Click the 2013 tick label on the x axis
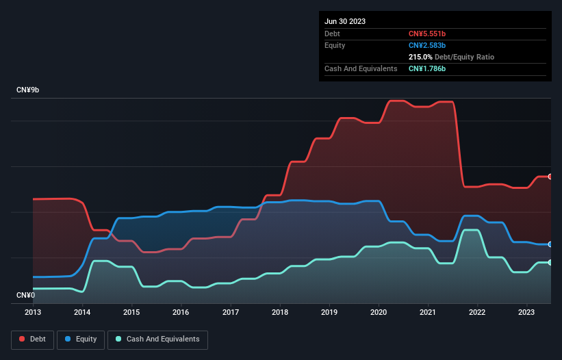tap(33, 312)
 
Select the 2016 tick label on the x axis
tap(181, 312)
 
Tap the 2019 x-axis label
tap(329, 312)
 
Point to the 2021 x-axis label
tap(428, 312)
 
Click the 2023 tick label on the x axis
tap(526, 312)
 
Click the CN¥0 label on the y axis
tap(26, 295)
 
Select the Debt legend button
tap(31, 339)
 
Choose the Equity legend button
tap(81, 339)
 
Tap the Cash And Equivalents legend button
tap(157, 339)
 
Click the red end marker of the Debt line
tap(550, 177)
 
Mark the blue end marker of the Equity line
tap(550, 244)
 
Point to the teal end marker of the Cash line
tap(550, 262)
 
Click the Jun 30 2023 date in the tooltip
tap(345, 21)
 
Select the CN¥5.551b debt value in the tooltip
tap(427, 34)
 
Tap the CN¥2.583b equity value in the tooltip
tap(427, 45)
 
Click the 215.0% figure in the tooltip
tap(420, 57)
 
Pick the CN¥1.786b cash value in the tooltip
tap(427, 68)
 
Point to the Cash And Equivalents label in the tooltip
tap(361, 68)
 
